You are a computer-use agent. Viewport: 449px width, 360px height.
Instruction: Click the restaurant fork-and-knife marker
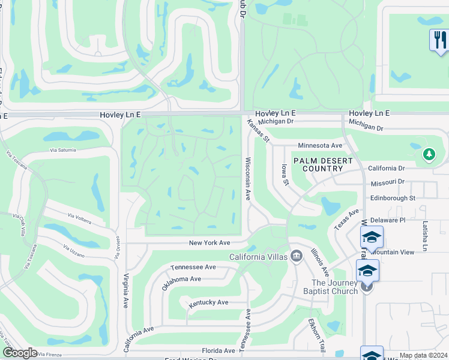click(x=440, y=40)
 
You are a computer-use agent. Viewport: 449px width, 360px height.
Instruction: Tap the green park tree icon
click(x=429, y=155)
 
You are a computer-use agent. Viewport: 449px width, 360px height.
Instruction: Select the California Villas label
click(x=259, y=257)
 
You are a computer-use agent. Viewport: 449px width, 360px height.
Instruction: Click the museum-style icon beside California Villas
click(x=296, y=257)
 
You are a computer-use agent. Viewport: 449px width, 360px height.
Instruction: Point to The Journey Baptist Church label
click(x=334, y=287)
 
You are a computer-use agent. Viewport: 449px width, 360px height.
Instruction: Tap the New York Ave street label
click(x=209, y=243)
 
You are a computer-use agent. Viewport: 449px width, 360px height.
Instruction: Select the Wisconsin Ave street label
click(x=247, y=179)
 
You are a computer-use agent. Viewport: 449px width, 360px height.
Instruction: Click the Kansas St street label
click(x=259, y=130)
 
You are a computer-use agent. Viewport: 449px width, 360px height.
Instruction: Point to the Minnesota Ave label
click(x=320, y=145)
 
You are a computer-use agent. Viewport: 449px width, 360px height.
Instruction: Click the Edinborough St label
click(x=393, y=197)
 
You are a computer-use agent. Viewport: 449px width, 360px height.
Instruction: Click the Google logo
click(x=20, y=353)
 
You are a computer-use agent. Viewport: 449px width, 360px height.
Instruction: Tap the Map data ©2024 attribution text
click(x=423, y=355)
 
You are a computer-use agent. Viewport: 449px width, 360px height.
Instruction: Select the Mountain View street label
click(x=396, y=253)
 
